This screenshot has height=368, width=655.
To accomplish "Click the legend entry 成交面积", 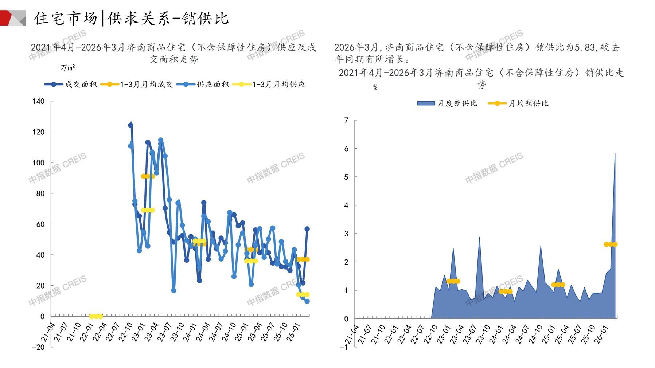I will tap(80, 85).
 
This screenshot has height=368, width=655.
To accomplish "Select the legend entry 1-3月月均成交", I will tap(146, 85).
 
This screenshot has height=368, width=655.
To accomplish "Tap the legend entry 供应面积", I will tap(213, 85).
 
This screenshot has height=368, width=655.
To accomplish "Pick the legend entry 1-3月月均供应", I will tap(278, 85).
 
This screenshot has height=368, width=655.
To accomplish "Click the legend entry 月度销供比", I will tap(457, 103).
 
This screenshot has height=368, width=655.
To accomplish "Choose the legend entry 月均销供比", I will tap(528, 103).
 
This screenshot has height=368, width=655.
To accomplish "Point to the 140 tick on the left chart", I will tap(39, 101).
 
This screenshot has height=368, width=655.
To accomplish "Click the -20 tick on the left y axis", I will tap(38, 347).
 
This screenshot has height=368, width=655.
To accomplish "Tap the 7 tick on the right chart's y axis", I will tap(346, 120).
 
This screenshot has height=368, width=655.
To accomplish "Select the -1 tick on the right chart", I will tap(344, 347).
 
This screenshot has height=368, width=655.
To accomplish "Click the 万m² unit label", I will tap(68, 68).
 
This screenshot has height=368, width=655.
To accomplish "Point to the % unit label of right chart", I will tap(375, 87).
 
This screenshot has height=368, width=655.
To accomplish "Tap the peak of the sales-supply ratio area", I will tap(615, 153).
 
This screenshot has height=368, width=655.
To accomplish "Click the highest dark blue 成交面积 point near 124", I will tap(130, 125).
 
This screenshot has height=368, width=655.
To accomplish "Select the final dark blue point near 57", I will tap(307, 229).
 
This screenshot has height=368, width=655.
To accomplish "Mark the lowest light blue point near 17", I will tap(174, 290).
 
